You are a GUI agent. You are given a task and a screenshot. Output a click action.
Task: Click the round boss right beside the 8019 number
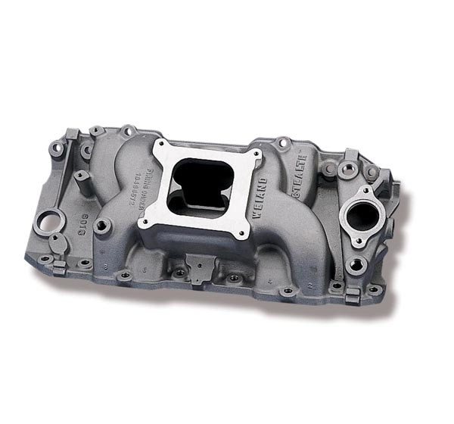coord(101,226)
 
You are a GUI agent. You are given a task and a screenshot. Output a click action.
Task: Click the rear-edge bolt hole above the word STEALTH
coord(282,142)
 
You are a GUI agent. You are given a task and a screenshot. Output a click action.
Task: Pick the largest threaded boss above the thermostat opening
coord(350,169)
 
